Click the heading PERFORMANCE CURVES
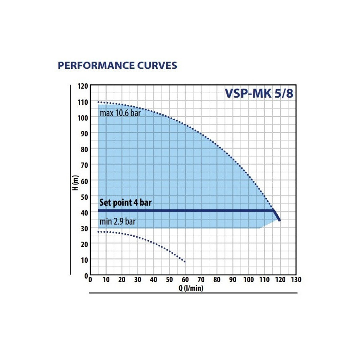pyautogui.click(x=117, y=66)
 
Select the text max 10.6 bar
pyautogui.click(x=120, y=113)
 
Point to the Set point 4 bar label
pyautogui.click(x=125, y=202)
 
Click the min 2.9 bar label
pyautogui.click(x=117, y=221)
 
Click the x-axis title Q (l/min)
pyautogui.click(x=190, y=288)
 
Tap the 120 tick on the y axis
pyautogui.click(x=83, y=86)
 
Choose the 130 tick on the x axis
pyautogui.click(x=296, y=280)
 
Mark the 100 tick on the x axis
pyautogui.click(x=248, y=280)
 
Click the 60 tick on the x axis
pyautogui.click(x=185, y=280)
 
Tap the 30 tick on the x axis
pyautogui.click(x=138, y=280)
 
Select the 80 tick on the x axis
pyautogui.click(x=217, y=280)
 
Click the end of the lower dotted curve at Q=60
pyautogui.click(x=184, y=261)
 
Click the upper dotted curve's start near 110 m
pyautogui.click(x=99, y=102)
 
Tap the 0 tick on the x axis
pyautogui.click(x=90, y=280)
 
